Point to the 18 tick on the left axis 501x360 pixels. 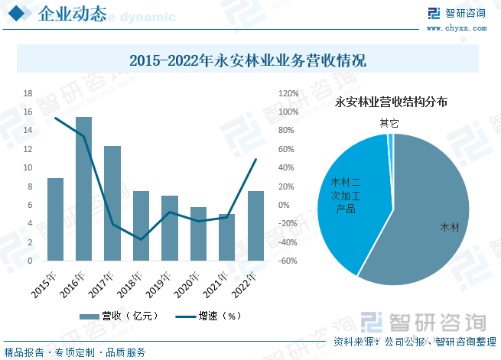coord(28,93)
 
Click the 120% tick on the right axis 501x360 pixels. coord(288,93)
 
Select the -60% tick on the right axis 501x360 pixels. coord(288,261)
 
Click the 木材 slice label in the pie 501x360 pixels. coord(450,227)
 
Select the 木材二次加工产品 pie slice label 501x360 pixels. coord(346,196)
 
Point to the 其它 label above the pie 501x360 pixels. coord(389,122)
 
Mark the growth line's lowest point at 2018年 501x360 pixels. coord(141,239)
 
